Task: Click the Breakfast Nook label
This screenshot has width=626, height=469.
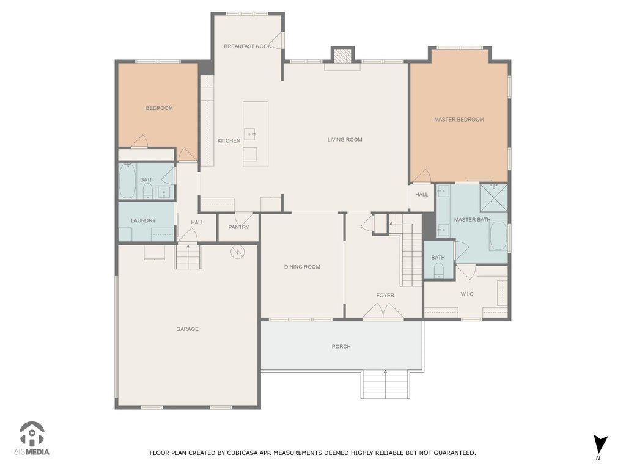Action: (248, 46)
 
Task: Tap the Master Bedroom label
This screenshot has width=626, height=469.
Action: (458, 119)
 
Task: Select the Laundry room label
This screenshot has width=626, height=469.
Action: (143, 220)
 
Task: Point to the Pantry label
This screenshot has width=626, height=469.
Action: (238, 227)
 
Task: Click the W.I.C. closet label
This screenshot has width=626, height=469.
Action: (468, 294)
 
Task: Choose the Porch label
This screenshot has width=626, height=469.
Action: (341, 347)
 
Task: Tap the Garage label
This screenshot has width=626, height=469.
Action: (187, 329)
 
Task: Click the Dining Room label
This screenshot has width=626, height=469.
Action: (302, 267)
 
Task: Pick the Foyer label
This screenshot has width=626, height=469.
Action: (385, 295)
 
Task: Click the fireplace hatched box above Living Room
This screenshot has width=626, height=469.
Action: (342, 56)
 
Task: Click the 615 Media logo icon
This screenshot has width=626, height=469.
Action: (32, 434)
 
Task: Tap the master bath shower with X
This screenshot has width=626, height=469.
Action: (493, 197)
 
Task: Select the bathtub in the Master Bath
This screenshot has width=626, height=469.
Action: (498, 235)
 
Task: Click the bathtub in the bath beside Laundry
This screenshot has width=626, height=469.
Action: (127, 180)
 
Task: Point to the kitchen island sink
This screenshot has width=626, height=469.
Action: (250, 134)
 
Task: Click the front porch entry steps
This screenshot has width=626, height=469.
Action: (385, 385)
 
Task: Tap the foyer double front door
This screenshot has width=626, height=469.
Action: (383, 311)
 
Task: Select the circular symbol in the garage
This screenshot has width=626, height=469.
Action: (238, 252)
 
